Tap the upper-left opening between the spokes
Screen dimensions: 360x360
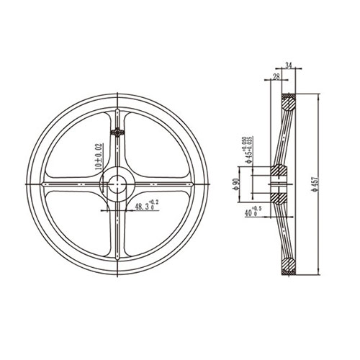click(x=83, y=148)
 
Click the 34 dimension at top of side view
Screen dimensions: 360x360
click(x=289, y=66)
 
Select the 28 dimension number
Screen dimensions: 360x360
click(x=276, y=76)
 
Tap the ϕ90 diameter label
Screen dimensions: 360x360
click(x=236, y=185)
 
